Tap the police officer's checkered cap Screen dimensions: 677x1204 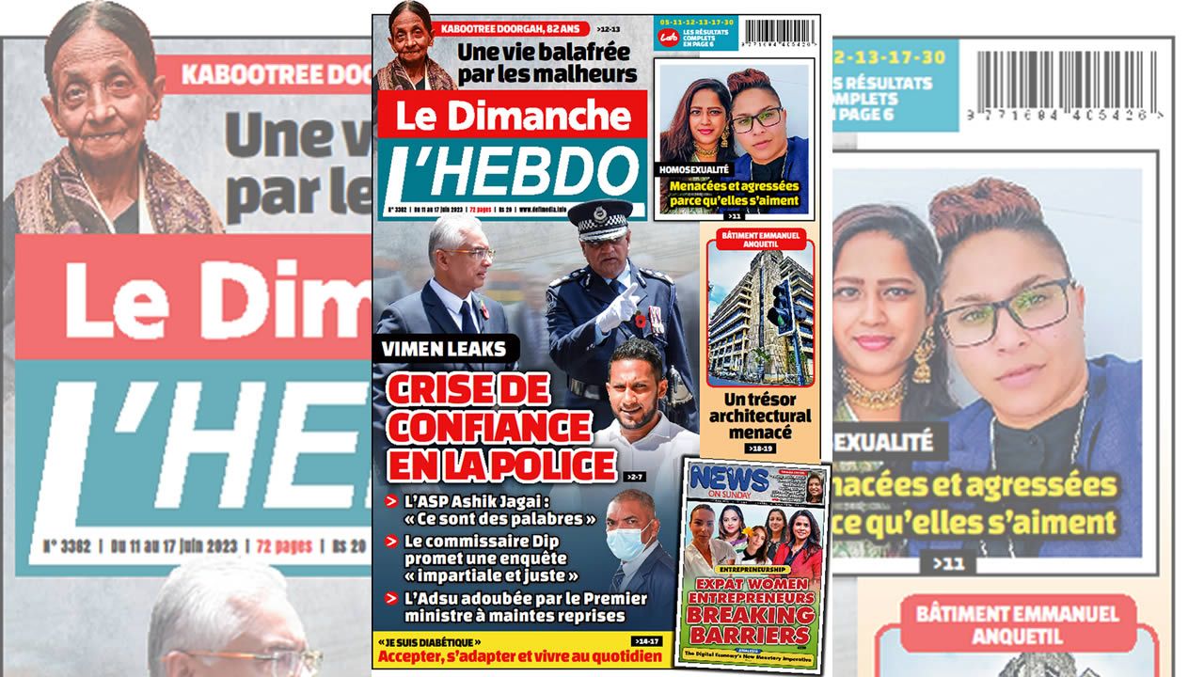pyautogui.click(x=600, y=218)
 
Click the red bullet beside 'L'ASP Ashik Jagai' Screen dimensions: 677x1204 pyautogui.click(x=390, y=501)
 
